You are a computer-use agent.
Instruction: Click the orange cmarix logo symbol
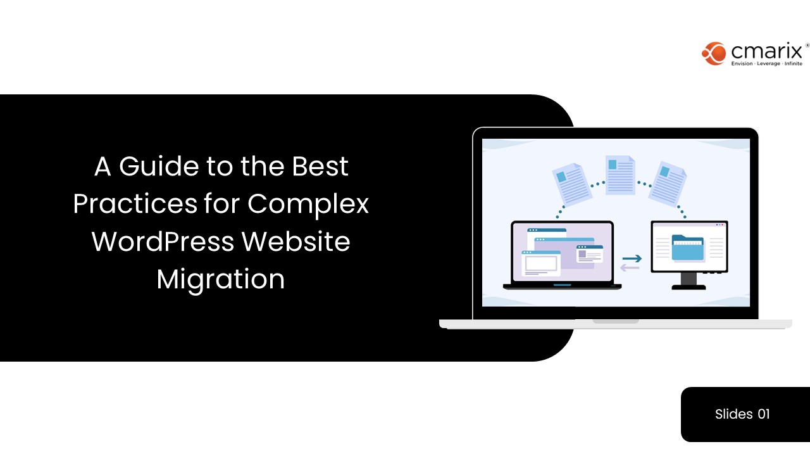(714, 53)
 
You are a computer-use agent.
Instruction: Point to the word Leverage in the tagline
(767, 64)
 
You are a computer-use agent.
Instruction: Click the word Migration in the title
(221, 279)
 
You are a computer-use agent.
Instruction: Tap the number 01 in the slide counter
(764, 414)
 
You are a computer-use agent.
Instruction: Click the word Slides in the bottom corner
(734, 414)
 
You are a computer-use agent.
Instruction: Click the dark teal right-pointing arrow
(632, 258)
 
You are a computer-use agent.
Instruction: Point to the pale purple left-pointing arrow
(630, 267)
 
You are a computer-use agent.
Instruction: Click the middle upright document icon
(620, 175)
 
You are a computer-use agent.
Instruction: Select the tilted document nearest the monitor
(668, 183)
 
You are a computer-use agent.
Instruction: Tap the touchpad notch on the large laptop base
(615, 321)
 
